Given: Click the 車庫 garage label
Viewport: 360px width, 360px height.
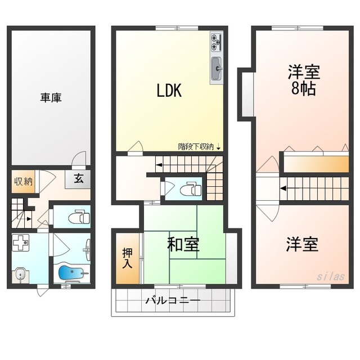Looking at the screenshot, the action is coord(51,97).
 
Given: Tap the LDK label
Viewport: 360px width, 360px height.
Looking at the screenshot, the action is coord(169,91).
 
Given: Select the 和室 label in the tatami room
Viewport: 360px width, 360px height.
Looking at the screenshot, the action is coord(183,244).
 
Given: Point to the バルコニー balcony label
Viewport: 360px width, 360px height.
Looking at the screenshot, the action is coord(173,300).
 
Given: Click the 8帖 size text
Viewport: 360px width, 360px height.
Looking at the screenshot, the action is coord(303,88).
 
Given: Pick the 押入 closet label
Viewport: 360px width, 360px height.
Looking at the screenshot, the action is coord(127,258).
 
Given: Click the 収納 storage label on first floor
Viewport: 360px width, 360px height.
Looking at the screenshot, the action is coord(24,182).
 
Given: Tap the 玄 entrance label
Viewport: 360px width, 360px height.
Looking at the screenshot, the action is coord(79,179).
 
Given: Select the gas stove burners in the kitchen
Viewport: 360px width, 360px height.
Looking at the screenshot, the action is coord(216,42).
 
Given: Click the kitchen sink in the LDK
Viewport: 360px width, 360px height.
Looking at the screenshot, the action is coord(217,69).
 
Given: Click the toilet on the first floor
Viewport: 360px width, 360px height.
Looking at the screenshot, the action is coord(79,217).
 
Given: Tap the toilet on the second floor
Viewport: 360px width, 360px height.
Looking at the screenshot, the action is coord(191,189).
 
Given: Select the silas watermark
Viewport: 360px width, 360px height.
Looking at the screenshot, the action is coord(331,276).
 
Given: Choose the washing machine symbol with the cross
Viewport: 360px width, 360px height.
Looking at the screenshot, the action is coord(20,242).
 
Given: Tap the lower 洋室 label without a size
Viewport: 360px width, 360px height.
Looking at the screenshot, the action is coord(302,244).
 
